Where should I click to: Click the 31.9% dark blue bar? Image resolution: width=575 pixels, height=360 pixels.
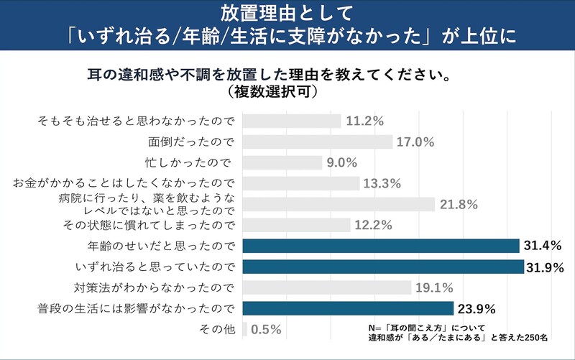click(x=383, y=267)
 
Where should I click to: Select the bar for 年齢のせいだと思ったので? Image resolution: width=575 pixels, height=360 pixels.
click(x=381, y=246)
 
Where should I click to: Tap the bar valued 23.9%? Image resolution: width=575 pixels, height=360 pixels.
click(x=348, y=309)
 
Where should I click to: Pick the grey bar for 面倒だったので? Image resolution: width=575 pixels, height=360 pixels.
click(x=318, y=142)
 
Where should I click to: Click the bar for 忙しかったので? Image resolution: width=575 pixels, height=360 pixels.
click(x=282, y=162)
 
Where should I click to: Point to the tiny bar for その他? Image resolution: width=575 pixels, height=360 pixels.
click(x=245, y=330)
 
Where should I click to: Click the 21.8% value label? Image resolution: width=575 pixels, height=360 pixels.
click(x=460, y=205)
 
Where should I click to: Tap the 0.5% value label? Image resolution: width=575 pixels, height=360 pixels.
click(x=266, y=331)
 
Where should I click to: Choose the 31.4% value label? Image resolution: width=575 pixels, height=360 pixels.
click(x=544, y=246)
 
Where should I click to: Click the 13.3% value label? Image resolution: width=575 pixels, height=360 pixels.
click(x=381, y=183)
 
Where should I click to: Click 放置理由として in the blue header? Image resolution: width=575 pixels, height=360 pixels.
click(x=287, y=13)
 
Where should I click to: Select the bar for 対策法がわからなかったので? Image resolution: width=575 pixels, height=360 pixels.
click(x=327, y=288)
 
